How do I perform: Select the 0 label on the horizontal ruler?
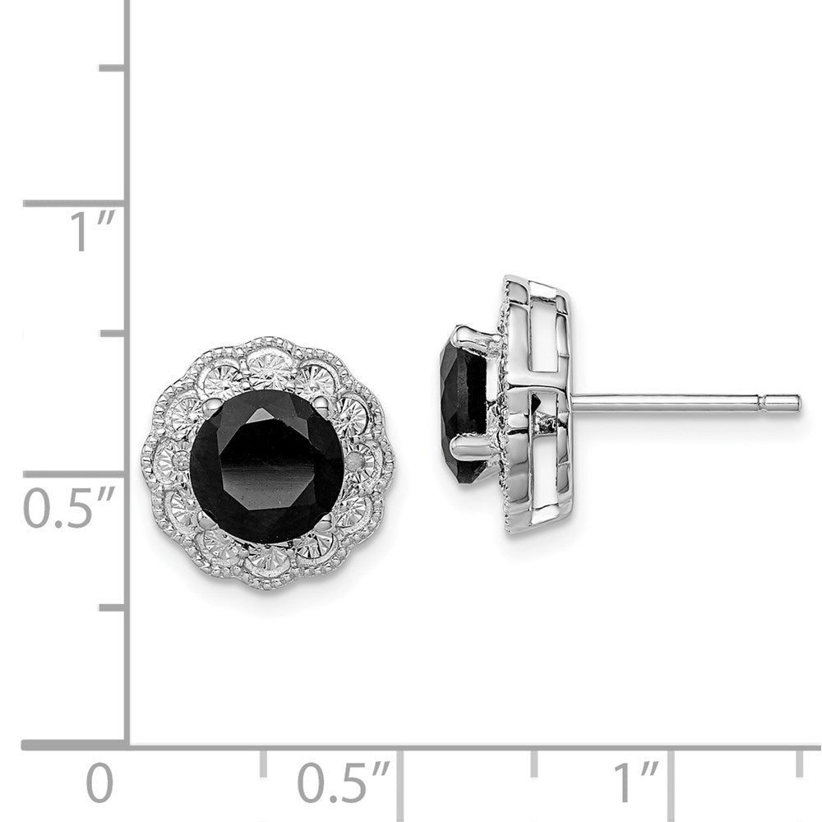(x=100, y=783)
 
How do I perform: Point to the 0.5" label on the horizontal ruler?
(x=343, y=783)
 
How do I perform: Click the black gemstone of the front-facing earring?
(x=266, y=466)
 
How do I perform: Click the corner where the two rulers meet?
(x=127, y=746)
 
